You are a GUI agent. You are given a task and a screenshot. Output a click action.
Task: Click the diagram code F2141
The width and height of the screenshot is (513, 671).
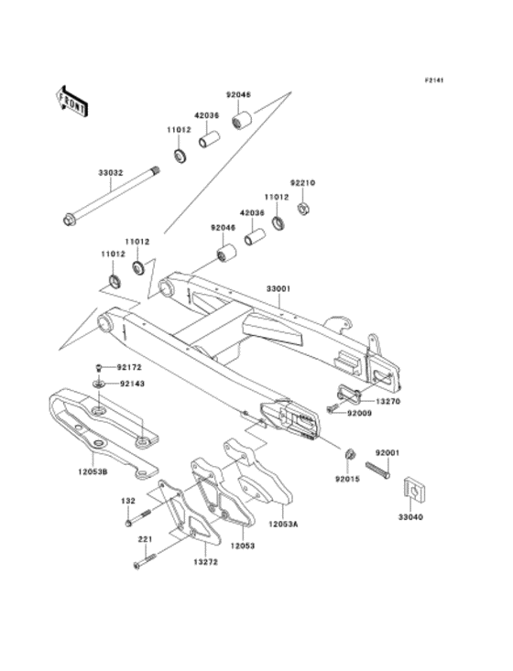coord(434,80)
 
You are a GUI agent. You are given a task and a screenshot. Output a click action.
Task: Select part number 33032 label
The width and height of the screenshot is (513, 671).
coord(111,173)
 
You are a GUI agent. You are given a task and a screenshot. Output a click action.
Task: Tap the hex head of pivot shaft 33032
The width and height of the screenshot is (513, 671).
coord(68,221)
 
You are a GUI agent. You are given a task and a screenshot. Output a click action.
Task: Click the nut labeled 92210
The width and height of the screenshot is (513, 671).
coord(304,209)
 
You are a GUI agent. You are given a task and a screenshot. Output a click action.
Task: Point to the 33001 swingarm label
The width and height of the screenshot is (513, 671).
coord(278,289)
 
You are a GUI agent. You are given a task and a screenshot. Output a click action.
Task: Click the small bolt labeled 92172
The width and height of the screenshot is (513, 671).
coord(98,367)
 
